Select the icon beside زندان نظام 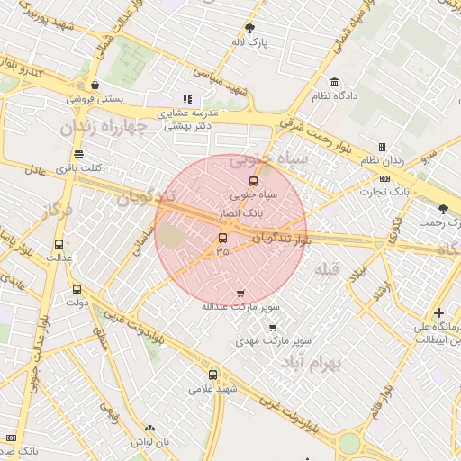pyautogui.click(x=382, y=147)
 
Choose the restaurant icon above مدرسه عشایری pyautogui.click(x=187, y=100)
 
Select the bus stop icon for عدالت pyautogui.click(x=59, y=244)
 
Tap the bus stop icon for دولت pyautogui.click(x=76, y=290)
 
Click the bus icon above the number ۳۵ pyautogui.click(x=223, y=239)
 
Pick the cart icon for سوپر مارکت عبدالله pyautogui.click(x=240, y=293)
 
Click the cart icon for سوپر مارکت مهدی pyautogui.click(x=274, y=328)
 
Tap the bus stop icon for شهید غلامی pyautogui.click(x=212, y=375)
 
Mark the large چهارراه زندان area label pyautogui.click(x=104, y=127)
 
